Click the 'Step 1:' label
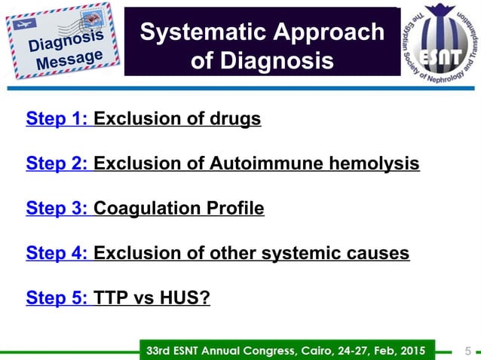point(58,119)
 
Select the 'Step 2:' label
point(58,163)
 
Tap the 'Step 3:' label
point(58,209)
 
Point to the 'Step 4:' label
point(58,254)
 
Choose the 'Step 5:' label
point(58,299)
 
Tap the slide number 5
point(468,350)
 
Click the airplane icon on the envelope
point(23,24)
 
